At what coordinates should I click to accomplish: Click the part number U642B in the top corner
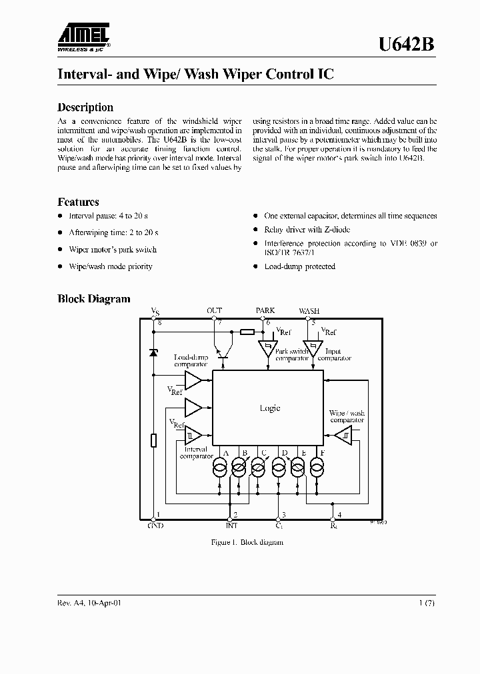[x=407, y=44]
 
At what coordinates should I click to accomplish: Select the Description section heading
[x=85, y=107]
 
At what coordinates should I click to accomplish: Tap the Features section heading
[x=78, y=202]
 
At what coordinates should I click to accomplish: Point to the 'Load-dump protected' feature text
[x=299, y=266]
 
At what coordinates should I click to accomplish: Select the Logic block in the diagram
[x=269, y=408]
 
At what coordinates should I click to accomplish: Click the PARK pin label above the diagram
[x=265, y=310]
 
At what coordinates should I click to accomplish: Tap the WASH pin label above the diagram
[x=309, y=310]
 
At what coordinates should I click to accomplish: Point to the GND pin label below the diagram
[x=155, y=525]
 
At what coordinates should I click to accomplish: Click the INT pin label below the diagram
[x=231, y=525]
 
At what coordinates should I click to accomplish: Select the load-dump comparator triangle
[x=193, y=380]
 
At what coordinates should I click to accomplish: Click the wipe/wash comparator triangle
[x=343, y=435]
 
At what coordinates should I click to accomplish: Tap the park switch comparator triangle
[x=267, y=348]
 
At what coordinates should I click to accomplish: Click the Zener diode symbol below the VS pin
[x=153, y=352]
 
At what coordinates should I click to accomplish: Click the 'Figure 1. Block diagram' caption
[x=247, y=542]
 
